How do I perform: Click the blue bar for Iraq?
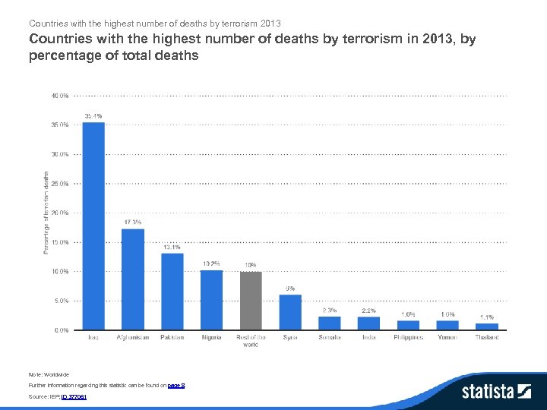93,225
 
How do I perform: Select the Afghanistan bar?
133,279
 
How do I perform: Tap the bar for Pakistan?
172,292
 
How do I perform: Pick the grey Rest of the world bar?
251,301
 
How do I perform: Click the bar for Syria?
290,312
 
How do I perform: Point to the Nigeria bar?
211,300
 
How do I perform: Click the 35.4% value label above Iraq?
93,116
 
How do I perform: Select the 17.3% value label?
133,222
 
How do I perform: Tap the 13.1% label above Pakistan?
172,248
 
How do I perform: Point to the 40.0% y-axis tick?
60,96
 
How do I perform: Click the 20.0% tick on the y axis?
60,213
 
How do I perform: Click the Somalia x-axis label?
330,337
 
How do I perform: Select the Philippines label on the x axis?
408,337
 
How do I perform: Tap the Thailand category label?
487,337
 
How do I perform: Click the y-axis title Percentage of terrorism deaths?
46,212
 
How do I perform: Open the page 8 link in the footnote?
176,386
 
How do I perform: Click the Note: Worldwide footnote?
48,374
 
